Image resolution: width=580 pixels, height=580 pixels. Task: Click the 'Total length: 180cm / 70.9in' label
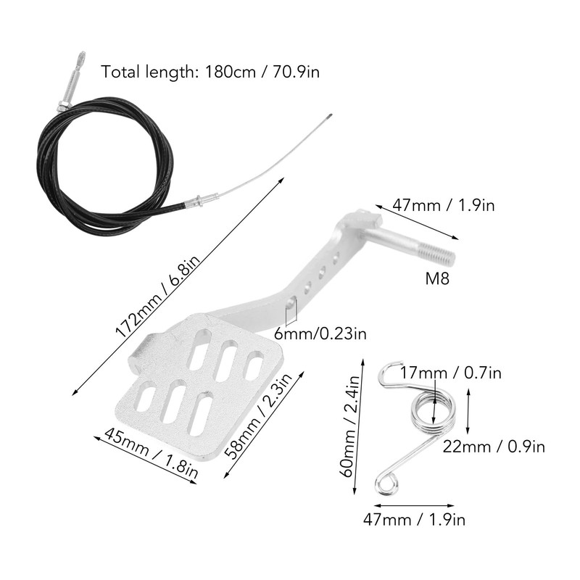(x=210, y=71)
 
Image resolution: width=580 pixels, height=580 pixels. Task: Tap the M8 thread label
(x=437, y=278)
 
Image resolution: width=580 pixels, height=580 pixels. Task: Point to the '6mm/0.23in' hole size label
(x=320, y=333)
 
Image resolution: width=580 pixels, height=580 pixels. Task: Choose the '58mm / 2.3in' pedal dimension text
(x=259, y=415)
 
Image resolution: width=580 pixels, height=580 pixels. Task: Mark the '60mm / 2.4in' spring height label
(x=349, y=426)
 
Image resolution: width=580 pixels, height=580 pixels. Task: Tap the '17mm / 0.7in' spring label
(x=450, y=373)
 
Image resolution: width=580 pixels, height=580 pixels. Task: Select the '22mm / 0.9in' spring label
(x=494, y=447)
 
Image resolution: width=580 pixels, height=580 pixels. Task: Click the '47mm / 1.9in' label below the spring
(x=414, y=520)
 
